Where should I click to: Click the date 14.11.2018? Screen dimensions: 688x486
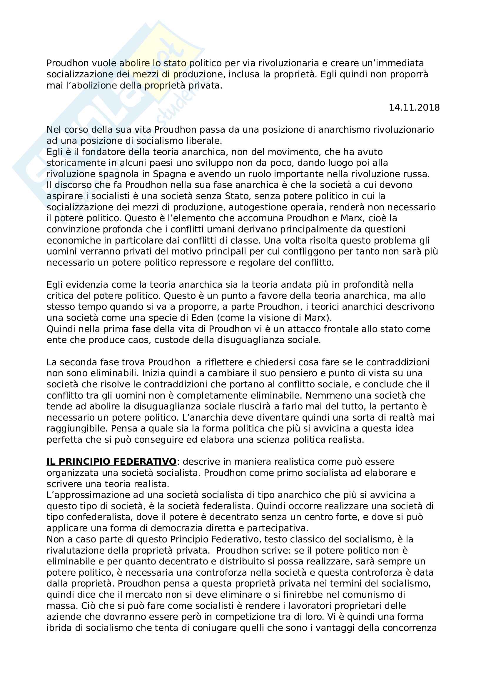(414, 108)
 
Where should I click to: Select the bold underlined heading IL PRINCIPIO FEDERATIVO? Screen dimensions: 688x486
(111, 462)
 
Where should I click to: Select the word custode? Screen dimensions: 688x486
(172, 340)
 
